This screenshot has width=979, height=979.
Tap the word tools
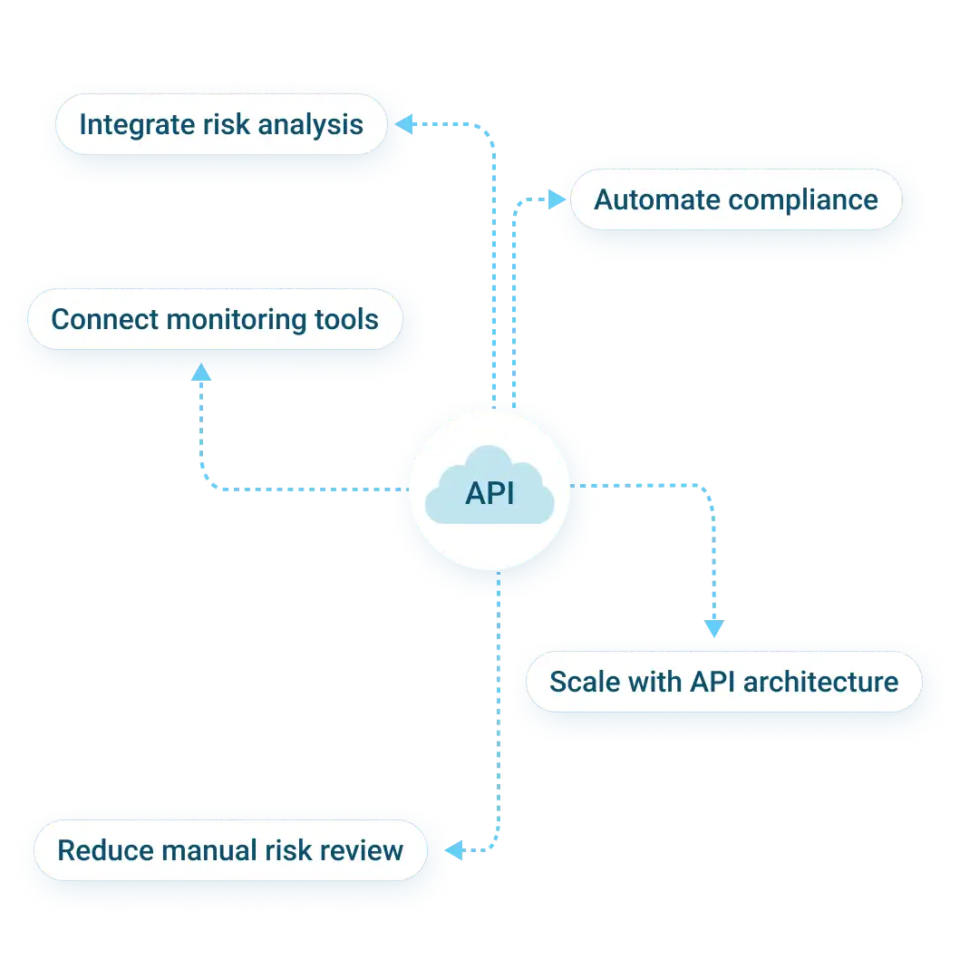tap(346, 319)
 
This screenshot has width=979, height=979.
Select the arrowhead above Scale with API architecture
tap(714, 627)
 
